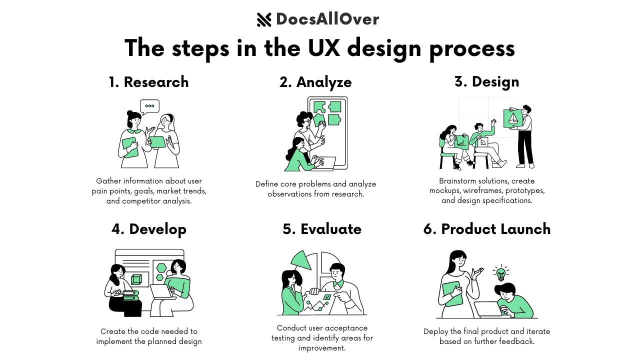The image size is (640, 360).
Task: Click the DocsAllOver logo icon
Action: (x=264, y=19)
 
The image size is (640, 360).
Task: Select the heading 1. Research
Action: (x=148, y=82)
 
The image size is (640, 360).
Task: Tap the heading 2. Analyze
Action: (x=315, y=82)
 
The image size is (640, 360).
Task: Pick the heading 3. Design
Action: (x=486, y=81)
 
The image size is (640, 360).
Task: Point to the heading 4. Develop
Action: (x=149, y=229)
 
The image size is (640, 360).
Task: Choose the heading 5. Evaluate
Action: (x=322, y=229)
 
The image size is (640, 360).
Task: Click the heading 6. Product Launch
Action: (x=487, y=229)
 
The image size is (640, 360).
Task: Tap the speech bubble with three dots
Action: (x=149, y=106)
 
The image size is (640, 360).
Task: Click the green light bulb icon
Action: (x=500, y=273)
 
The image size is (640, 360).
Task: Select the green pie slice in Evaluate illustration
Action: (x=301, y=260)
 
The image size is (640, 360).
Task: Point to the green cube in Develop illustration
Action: (x=136, y=279)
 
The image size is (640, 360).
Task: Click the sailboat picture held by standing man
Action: (x=513, y=118)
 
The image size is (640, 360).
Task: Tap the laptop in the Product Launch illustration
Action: (x=492, y=309)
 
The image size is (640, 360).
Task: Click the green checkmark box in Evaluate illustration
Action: (x=327, y=297)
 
